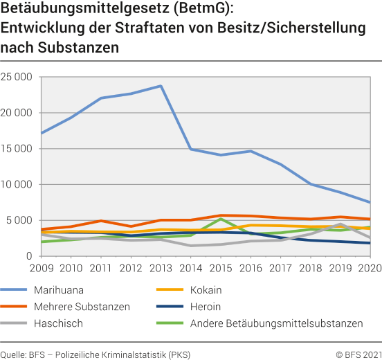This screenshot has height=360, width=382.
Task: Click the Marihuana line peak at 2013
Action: [x=161, y=86]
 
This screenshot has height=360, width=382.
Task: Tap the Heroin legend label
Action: [x=206, y=307]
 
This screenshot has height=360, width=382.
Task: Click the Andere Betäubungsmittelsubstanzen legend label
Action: [x=276, y=323]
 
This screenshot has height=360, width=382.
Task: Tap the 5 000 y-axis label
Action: [x=21, y=220]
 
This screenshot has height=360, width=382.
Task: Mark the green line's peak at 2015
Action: [x=220, y=219]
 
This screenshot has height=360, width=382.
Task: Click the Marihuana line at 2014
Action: [x=190, y=150]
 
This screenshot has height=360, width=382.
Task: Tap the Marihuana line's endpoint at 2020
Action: [x=369, y=202]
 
